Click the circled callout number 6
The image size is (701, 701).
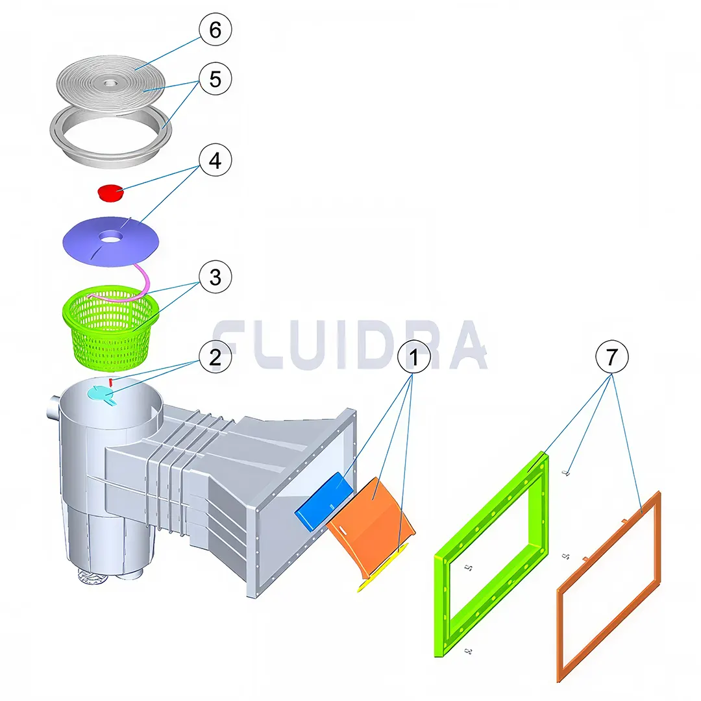click(x=215, y=29)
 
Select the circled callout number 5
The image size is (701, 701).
click(x=215, y=79)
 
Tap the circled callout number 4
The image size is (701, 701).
click(x=215, y=160)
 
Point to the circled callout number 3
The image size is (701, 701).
click(x=215, y=277)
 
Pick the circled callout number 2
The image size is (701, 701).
click(x=215, y=357)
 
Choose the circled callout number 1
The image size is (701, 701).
click(x=413, y=357)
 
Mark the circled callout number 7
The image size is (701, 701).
click(x=612, y=357)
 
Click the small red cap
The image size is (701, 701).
click(x=111, y=193)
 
